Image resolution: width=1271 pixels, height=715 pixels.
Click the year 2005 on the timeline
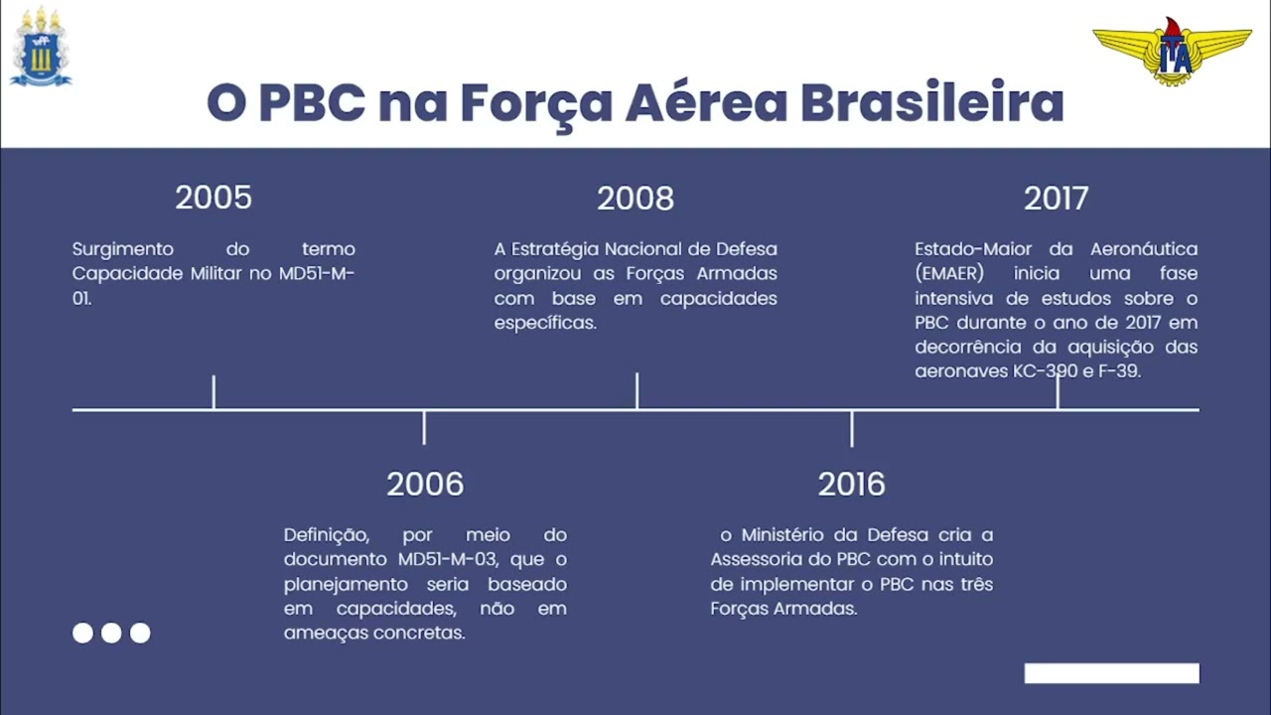click(213, 198)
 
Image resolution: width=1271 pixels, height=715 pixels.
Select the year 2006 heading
click(425, 484)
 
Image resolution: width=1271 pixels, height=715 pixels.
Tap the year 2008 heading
click(635, 199)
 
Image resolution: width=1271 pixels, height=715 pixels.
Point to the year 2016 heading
click(851, 484)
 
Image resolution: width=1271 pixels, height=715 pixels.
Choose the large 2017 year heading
click(1056, 199)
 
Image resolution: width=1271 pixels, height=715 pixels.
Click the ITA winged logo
click(1173, 51)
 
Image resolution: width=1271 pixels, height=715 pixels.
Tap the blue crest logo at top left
click(41, 48)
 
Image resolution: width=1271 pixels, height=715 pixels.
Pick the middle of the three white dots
click(111, 633)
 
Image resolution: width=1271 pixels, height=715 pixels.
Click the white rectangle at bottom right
click(1111, 673)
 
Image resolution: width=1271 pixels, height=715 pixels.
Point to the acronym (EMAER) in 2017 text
click(949, 273)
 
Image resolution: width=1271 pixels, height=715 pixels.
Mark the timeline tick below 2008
click(636, 390)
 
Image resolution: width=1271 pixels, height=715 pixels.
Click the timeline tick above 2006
click(424, 427)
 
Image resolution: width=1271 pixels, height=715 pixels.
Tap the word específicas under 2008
click(545, 323)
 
